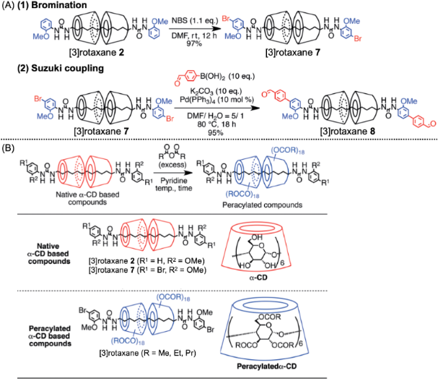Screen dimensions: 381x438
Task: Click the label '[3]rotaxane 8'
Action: [356, 132]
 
